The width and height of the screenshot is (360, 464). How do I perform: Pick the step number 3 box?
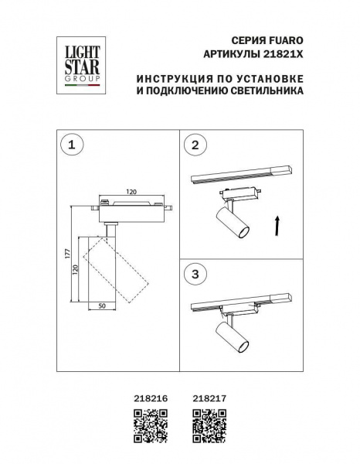pos(195,273)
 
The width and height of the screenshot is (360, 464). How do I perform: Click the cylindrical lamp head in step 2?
pos(231,221)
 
